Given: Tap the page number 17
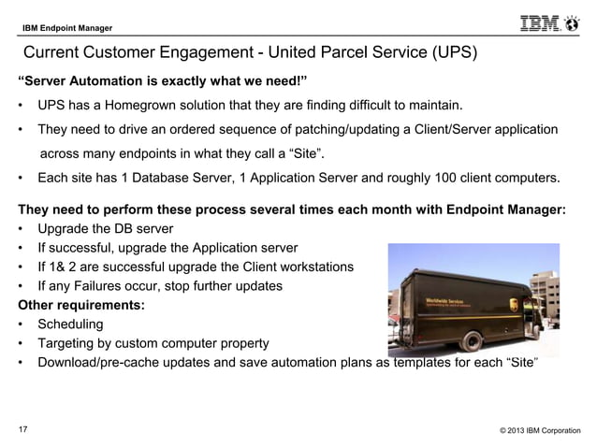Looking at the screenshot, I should (23, 429).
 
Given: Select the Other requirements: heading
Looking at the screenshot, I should (80, 305).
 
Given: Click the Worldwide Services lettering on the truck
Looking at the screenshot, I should (444, 301).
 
